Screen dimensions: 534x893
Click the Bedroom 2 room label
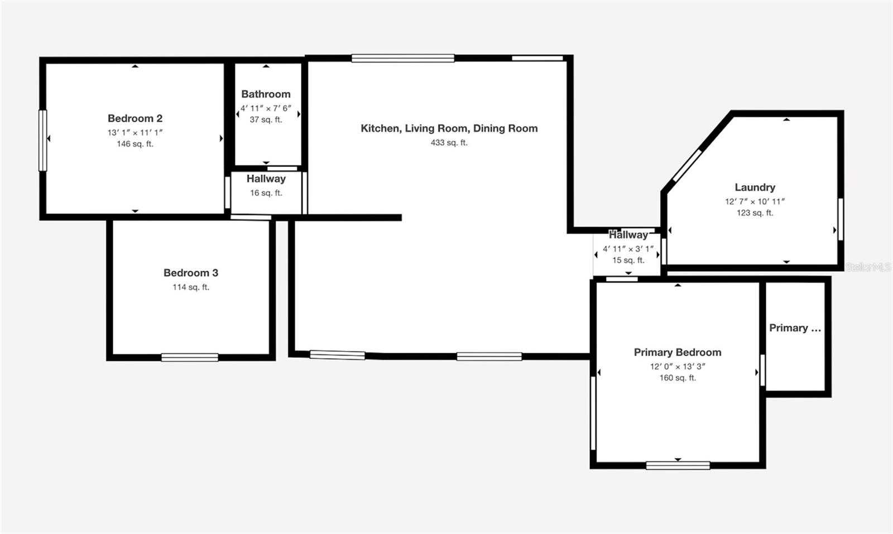[x=135, y=118]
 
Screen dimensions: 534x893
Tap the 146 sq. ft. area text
[x=135, y=144]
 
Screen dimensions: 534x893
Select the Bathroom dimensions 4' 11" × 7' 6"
[x=266, y=108]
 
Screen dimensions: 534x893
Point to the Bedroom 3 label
[x=191, y=273]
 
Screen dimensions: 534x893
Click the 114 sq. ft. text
[x=191, y=287]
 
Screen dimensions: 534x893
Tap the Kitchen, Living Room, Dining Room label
[x=449, y=128]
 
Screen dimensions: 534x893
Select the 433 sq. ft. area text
[x=449, y=143]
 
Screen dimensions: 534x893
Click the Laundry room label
[x=755, y=187]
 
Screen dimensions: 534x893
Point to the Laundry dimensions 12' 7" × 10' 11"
[x=755, y=201]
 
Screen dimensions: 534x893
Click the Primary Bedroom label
[x=678, y=352]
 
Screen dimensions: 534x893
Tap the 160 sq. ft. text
[x=678, y=378]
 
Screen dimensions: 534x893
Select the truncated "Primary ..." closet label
[x=795, y=328]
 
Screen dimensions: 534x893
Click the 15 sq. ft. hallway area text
[x=628, y=260]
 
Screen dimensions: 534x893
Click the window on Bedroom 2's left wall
[x=42, y=140]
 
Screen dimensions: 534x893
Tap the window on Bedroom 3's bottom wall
[x=190, y=357]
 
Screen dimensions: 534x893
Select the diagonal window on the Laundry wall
[x=686, y=165]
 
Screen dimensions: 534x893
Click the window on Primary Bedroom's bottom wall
[x=678, y=465]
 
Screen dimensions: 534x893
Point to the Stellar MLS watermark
[x=868, y=267]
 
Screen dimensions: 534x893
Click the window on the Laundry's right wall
[x=840, y=219]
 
